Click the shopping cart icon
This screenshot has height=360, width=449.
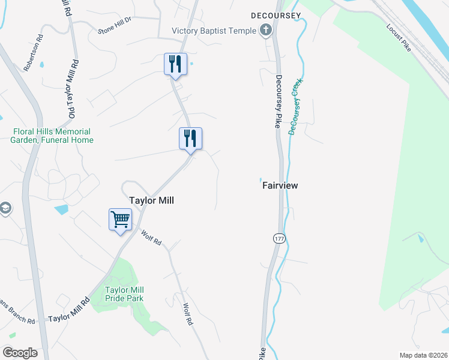coord(120,220)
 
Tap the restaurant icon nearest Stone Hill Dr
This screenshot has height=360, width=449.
coord(175,64)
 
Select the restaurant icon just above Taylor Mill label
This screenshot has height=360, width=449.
coord(190,139)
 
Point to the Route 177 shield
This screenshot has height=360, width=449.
coord(279,238)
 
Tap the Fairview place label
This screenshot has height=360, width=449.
coord(280,185)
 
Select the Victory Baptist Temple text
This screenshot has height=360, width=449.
coord(214,31)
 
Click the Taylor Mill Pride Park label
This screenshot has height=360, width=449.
coord(124,293)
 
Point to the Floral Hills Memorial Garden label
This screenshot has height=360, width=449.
coord(52,136)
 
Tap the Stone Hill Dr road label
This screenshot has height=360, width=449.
coord(114,29)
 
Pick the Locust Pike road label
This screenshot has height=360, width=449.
coord(399,38)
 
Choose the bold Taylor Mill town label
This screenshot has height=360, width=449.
coord(152,200)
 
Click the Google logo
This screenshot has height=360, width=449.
coord(20,353)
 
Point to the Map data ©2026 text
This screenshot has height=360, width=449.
coord(423,355)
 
